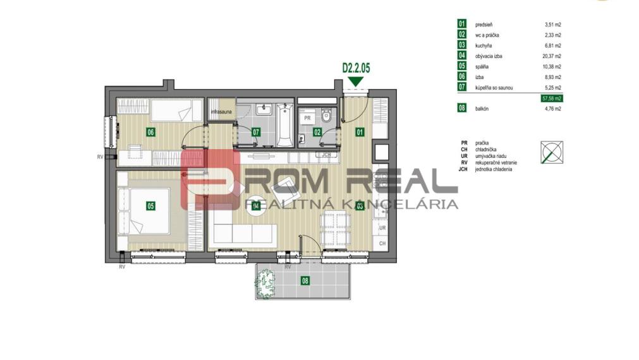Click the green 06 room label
pos(150,133)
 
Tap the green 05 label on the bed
pos(150,205)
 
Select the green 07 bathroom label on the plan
pos(256,133)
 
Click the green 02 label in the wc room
pos(317,133)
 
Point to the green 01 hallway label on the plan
pos(360,133)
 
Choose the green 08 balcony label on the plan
pos(305,280)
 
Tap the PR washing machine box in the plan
pos(307,118)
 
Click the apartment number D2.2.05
pos(355,66)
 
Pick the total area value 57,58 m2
pos(552,99)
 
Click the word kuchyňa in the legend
pos(484,45)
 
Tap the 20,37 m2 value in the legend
pos(553,56)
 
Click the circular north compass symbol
pos(551,152)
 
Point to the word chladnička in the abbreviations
pos(487,150)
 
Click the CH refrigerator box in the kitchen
pos(382,243)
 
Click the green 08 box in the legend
pos(462,109)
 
